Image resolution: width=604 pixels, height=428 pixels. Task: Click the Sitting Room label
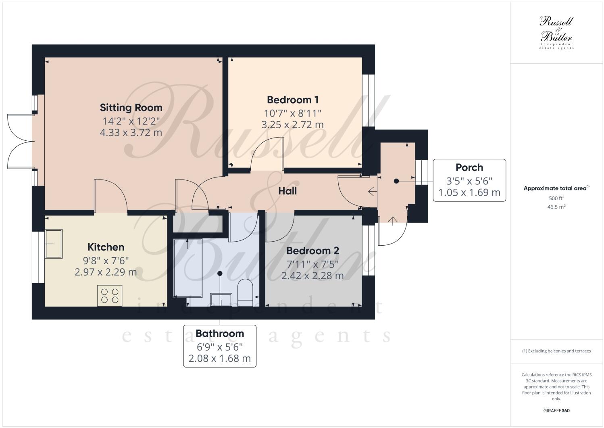coord(131,108)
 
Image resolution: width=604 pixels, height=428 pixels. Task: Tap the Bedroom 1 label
coord(293,100)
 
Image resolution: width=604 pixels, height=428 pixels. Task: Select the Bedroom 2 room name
coord(312,251)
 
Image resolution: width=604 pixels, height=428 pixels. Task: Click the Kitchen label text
coord(106,247)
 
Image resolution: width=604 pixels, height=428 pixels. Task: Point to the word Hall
coord(287,191)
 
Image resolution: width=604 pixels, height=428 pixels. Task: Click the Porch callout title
coord(469,167)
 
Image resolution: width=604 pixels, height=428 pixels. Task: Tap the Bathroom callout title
coord(220,334)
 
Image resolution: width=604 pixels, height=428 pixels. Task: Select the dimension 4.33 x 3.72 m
coord(131,132)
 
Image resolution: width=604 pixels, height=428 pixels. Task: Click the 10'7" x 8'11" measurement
coord(293,113)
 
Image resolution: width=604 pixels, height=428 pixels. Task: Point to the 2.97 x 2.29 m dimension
coord(106,272)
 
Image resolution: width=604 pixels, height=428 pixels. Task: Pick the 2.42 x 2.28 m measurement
coord(312,276)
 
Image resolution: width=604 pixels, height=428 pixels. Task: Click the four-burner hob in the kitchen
coord(110,295)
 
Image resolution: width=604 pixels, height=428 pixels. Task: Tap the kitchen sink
coord(53,244)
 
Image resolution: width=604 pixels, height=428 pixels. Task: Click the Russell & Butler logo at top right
coord(556,32)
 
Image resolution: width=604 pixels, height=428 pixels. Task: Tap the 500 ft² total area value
coord(556,198)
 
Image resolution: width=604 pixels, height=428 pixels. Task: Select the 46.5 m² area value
coord(556,207)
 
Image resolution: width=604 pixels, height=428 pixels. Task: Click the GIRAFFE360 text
coord(556,411)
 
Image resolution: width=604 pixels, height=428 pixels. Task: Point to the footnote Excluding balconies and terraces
coord(556,351)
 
